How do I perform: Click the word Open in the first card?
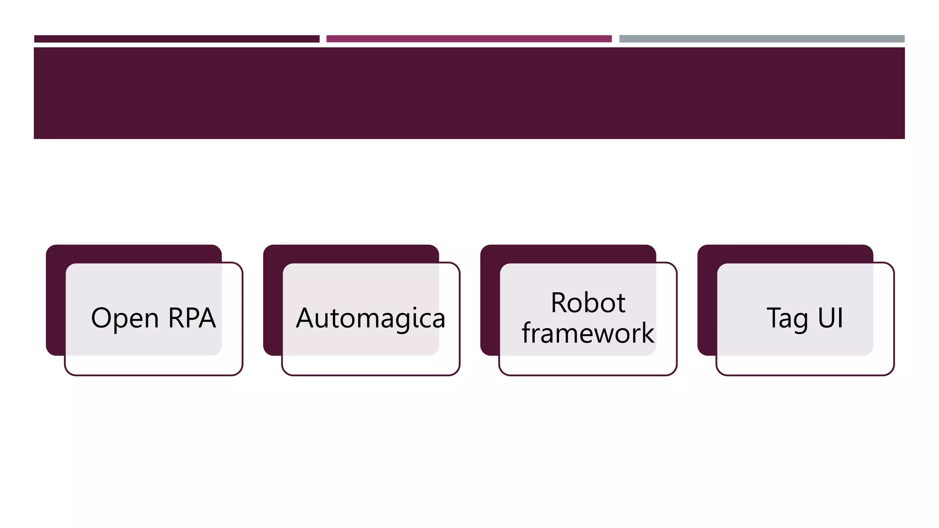click(125, 318)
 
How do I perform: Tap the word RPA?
click(192, 318)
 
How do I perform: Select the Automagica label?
click(370, 318)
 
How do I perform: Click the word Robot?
click(588, 303)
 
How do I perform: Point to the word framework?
click(588, 333)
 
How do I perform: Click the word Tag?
click(787, 318)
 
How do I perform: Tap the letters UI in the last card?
click(830, 318)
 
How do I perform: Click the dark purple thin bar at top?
click(177, 39)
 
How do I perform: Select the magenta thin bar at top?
click(469, 39)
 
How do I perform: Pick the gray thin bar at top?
click(762, 39)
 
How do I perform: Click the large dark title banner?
click(469, 93)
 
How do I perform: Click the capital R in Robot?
click(560, 303)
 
